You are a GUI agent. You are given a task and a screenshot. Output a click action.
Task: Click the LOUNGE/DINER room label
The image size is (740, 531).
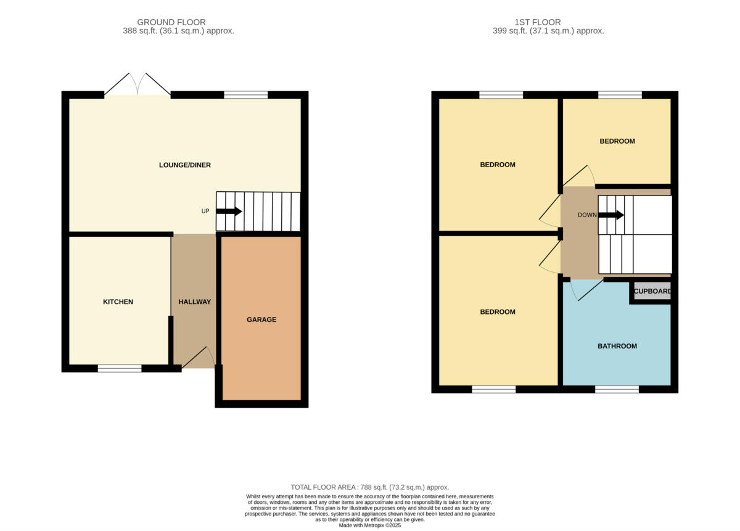(185, 165)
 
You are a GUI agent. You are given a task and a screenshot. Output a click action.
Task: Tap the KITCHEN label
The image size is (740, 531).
(118, 302)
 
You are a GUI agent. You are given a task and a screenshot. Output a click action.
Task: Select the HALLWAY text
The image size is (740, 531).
(194, 302)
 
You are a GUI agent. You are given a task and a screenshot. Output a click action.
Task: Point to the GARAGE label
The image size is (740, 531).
(261, 319)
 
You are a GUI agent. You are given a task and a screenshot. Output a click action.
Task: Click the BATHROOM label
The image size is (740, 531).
(617, 346)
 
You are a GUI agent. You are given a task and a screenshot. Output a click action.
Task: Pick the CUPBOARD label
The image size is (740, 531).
(652, 291)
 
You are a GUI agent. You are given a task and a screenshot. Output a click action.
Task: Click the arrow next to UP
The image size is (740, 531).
(229, 211)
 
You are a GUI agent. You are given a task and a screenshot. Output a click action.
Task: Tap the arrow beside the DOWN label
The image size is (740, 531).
(611, 215)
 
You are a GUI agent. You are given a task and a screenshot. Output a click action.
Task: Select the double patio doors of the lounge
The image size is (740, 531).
(137, 85)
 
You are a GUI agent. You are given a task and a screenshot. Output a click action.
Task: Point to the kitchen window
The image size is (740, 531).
(120, 369)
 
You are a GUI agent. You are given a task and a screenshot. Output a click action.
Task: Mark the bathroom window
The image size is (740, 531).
(617, 389)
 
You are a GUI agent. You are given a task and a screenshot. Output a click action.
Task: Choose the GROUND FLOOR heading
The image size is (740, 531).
(171, 22)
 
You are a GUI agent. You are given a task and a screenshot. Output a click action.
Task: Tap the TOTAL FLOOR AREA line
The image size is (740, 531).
(369, 487)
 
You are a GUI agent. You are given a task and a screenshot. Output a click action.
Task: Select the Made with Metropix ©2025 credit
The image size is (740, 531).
(369, 525)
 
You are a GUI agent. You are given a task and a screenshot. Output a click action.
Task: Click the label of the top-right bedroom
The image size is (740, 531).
(617, 141)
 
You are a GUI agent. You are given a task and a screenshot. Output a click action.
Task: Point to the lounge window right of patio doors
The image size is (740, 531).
(246, 95)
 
